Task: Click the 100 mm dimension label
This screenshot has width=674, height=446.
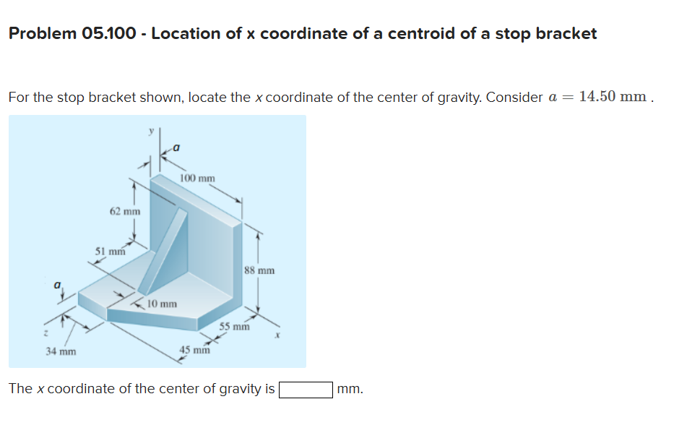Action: (x=197, y=178)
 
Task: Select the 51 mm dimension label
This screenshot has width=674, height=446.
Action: (x=110, y=252)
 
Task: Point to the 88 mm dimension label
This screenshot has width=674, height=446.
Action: (x=259, y=271)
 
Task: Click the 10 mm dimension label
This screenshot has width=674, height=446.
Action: (x=162, y=304)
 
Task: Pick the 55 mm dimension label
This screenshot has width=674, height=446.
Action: (x=234, y=326)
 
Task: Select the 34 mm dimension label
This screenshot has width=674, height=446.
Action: (x=61, y=352)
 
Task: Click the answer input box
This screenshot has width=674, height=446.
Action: (x=306, y=390)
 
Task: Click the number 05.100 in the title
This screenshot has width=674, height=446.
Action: (x=111, y=33)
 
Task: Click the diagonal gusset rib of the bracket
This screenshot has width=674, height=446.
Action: (x=166, y=249)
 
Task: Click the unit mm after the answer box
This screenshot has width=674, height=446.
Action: (x=350, y=389)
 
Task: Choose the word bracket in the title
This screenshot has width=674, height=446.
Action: (x=566, y=33)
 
